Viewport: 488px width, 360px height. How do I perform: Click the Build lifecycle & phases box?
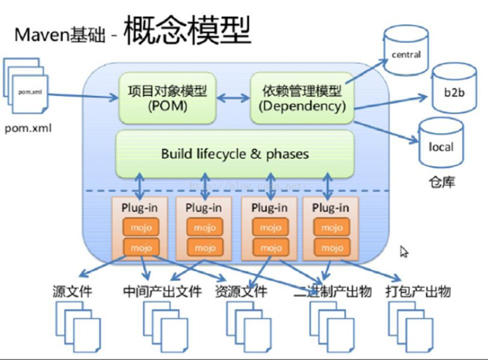pos(235,153)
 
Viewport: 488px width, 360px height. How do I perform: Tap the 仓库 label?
pos(441,182)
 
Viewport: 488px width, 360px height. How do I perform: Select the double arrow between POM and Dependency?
pos(234,98)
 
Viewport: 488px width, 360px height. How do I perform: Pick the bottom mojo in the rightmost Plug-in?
pos(331,248)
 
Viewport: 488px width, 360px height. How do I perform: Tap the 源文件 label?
pos(72,292)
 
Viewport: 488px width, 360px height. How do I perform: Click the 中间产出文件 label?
pos(162,292)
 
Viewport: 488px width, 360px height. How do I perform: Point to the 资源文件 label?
pos(241,292)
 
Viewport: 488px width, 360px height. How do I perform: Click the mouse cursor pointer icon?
pos(404,252)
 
